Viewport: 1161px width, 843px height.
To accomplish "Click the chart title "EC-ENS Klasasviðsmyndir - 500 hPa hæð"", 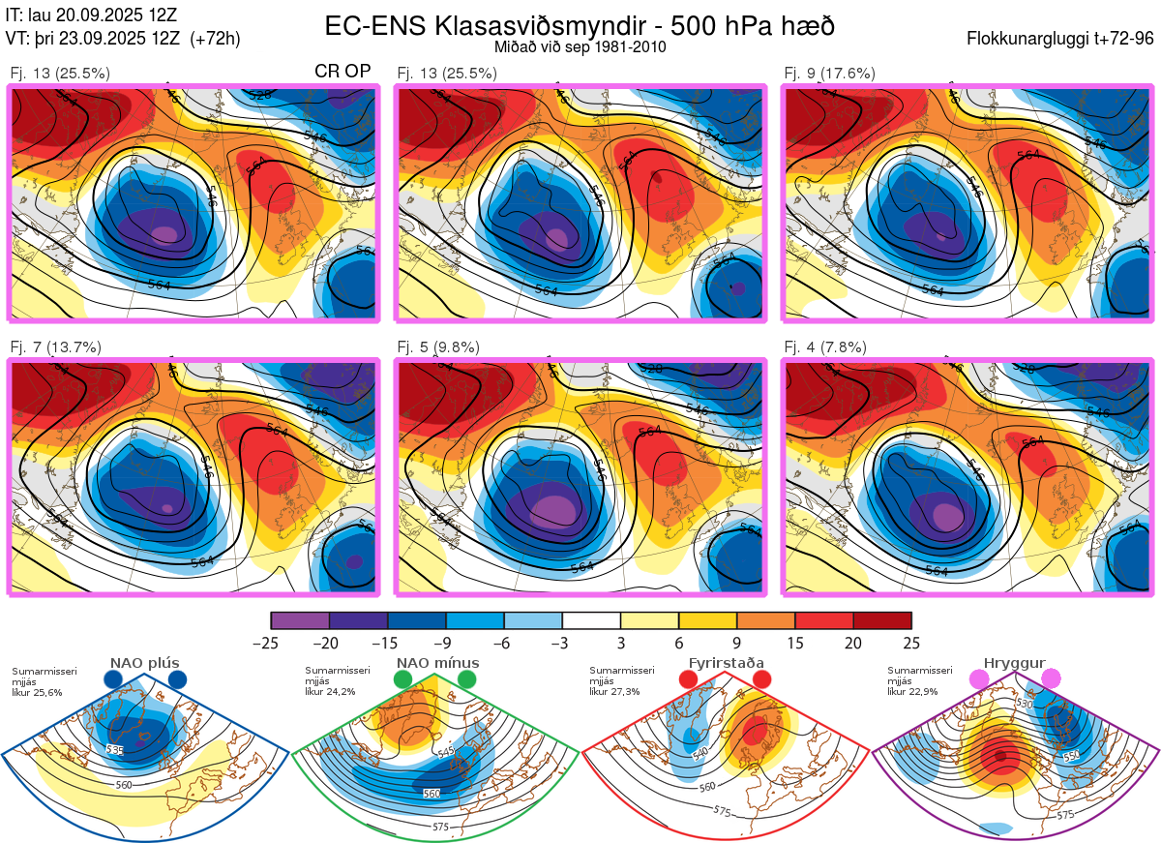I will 580,25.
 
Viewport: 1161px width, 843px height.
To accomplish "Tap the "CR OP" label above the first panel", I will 343,72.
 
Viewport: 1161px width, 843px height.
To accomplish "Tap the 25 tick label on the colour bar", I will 910,643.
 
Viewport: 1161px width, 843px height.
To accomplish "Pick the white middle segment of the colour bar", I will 591,620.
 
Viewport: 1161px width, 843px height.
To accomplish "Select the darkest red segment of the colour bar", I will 881,620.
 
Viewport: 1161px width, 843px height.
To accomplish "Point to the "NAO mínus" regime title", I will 437,663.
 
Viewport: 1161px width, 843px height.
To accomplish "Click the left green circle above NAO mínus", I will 403,680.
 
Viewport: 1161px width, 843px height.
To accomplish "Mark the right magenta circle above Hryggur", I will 1051,680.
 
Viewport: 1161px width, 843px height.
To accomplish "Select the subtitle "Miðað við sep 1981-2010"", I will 580,46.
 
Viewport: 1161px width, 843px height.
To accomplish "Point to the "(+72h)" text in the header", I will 216,39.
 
